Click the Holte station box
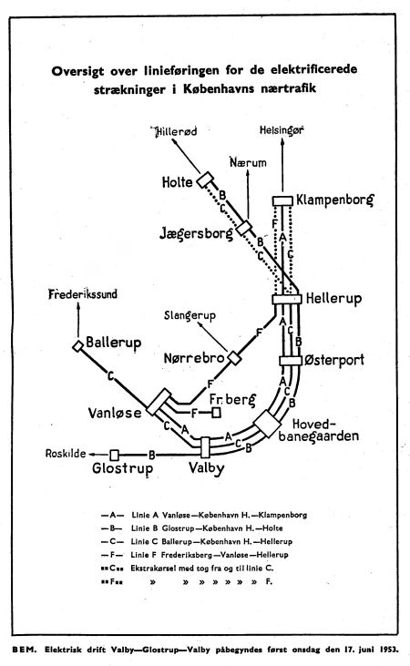click(205, 179)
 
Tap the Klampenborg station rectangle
click(282, 200)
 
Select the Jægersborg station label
click(196, 232)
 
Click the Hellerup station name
click(334, 298)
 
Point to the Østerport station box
click(291, 361)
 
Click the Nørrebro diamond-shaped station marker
click(233, 358)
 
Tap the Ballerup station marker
click(77, 346)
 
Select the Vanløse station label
click(115, 413)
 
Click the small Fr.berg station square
click(216, 412)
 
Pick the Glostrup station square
click(114, 456)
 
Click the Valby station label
click(207, 468)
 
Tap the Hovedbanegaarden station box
click(268, 424)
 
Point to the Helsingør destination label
click(282, 130)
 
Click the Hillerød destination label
click(175, 131)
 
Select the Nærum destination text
click(248, 162)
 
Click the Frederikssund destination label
click(83, 294)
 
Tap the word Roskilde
click(66, 454)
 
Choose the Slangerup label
click(190, 316)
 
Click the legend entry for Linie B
click(192, 528)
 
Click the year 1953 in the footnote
click(388, 650)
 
